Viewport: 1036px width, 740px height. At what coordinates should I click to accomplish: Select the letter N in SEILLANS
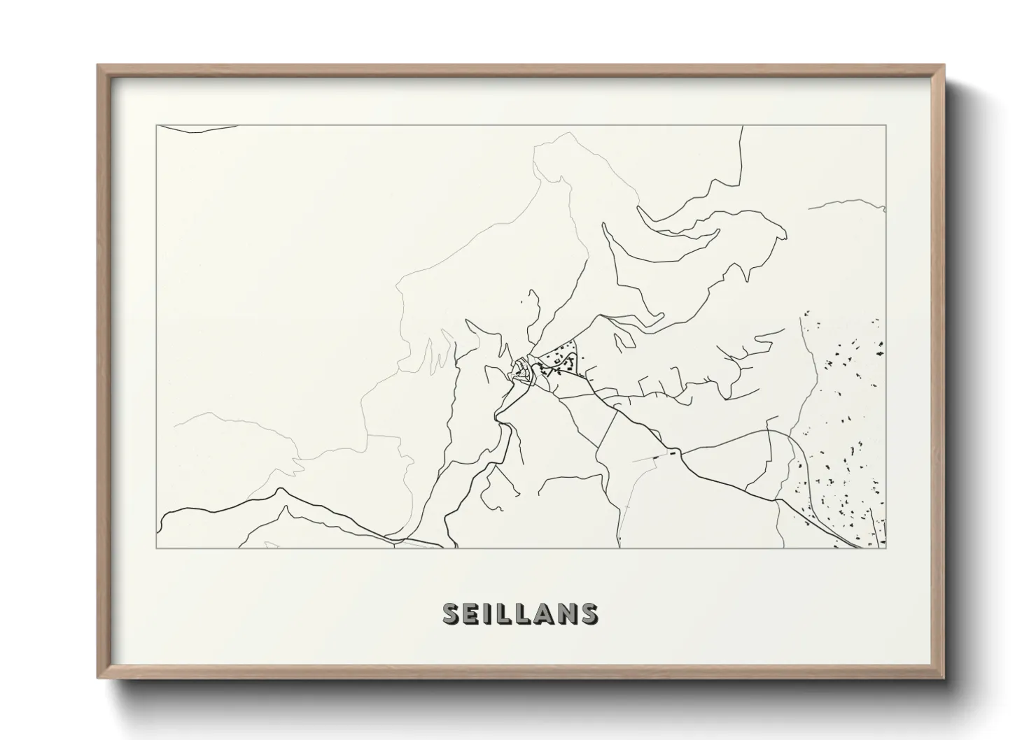(x=564, y=613)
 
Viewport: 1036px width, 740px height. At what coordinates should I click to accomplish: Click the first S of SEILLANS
(x=452, y=613)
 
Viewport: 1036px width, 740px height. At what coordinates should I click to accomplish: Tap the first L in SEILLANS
(x=503, y=613)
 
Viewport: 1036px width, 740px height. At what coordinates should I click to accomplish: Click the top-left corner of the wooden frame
(x=98, y=65)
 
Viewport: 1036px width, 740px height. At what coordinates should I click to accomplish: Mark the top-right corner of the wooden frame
(x=944, y=65)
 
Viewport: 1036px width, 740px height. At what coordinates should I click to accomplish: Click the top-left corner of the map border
(x=156, y=125)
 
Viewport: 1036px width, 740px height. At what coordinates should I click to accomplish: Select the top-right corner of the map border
(x=886, y=125)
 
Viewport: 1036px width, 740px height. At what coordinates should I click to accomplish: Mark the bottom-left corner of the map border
(x=156, y=548)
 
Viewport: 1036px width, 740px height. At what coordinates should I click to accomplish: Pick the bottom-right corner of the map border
(x=886, y=548)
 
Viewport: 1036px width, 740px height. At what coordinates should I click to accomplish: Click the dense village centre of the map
(x=522, y=371)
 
